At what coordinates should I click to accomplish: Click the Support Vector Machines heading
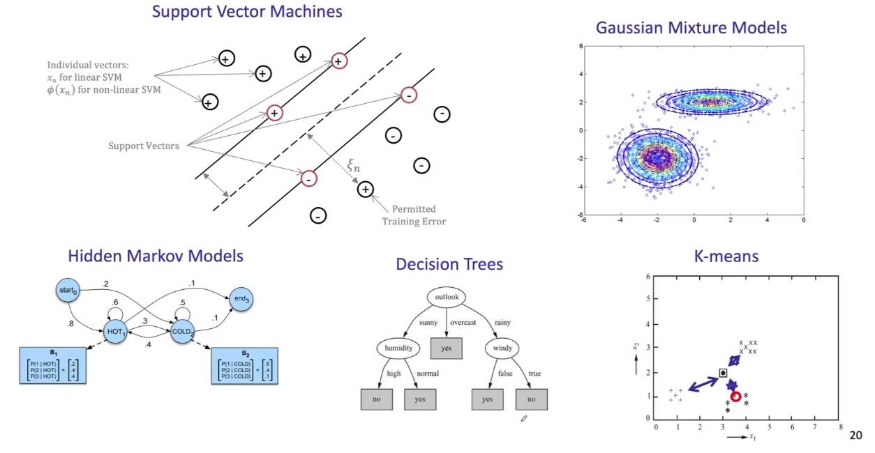248,12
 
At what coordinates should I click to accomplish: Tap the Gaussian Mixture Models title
691,28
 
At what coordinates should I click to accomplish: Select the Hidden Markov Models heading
156,256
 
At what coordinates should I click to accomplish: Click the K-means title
726,256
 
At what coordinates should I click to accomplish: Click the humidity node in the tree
397,347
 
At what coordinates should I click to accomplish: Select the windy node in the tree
503,347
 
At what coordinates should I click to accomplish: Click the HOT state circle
115,333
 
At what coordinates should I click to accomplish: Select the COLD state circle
184,333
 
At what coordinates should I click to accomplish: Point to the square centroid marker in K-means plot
723,373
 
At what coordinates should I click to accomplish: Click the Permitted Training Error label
413,215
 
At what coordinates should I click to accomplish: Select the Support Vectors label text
143,146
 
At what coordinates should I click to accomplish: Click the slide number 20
855,436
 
